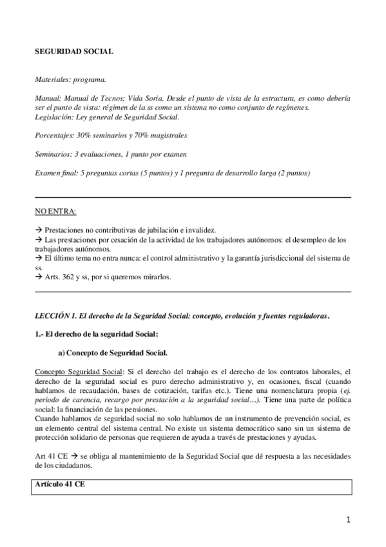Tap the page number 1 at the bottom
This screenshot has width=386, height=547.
point(347,519)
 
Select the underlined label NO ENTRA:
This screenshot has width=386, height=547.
point(55,211)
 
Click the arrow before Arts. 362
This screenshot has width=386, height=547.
point(38,277)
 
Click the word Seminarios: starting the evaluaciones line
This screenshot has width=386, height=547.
point(53,154)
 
